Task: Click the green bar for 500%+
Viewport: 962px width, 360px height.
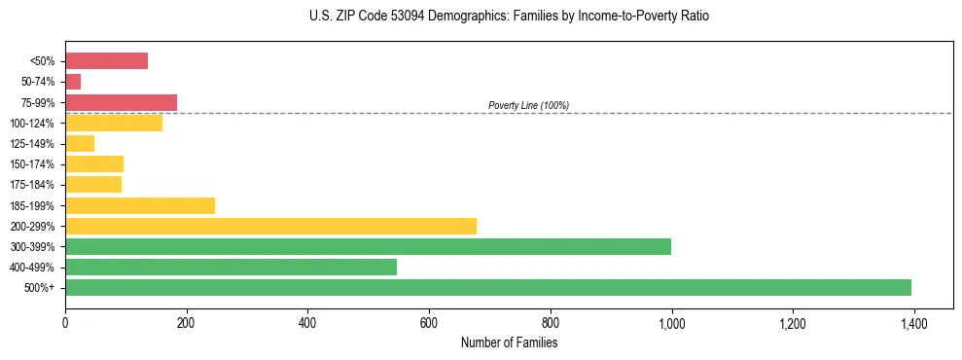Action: click(x=487, y=287)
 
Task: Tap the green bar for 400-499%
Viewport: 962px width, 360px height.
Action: click(x=231, y=267)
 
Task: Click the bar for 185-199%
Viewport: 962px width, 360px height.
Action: click(x=140, y=205)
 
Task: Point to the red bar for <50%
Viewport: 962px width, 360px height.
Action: click(x=106, y=61)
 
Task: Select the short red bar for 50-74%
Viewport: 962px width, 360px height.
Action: click(x=73, y=82)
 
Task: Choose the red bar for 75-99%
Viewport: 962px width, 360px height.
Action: click(x=121, y=102)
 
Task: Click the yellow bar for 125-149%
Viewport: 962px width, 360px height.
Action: click(x=80, y=144)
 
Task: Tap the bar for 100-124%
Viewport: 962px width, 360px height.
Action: click(x=114, y=123)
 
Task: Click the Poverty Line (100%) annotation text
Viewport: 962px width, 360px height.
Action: click(x=528, y=105)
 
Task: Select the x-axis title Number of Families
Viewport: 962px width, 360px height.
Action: click(x=509, y=342)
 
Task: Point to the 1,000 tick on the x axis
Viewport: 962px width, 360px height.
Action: click(x=671, y=323)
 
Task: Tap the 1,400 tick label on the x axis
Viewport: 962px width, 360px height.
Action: click(x=913, y=323)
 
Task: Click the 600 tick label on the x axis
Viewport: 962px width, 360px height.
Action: click(x=429, y=323)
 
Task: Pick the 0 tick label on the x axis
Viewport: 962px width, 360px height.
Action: click(x=65, y=323)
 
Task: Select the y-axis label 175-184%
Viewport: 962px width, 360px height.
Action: click(x=33, y=185)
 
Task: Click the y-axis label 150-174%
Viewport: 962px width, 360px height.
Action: click(x=33, y=164)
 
